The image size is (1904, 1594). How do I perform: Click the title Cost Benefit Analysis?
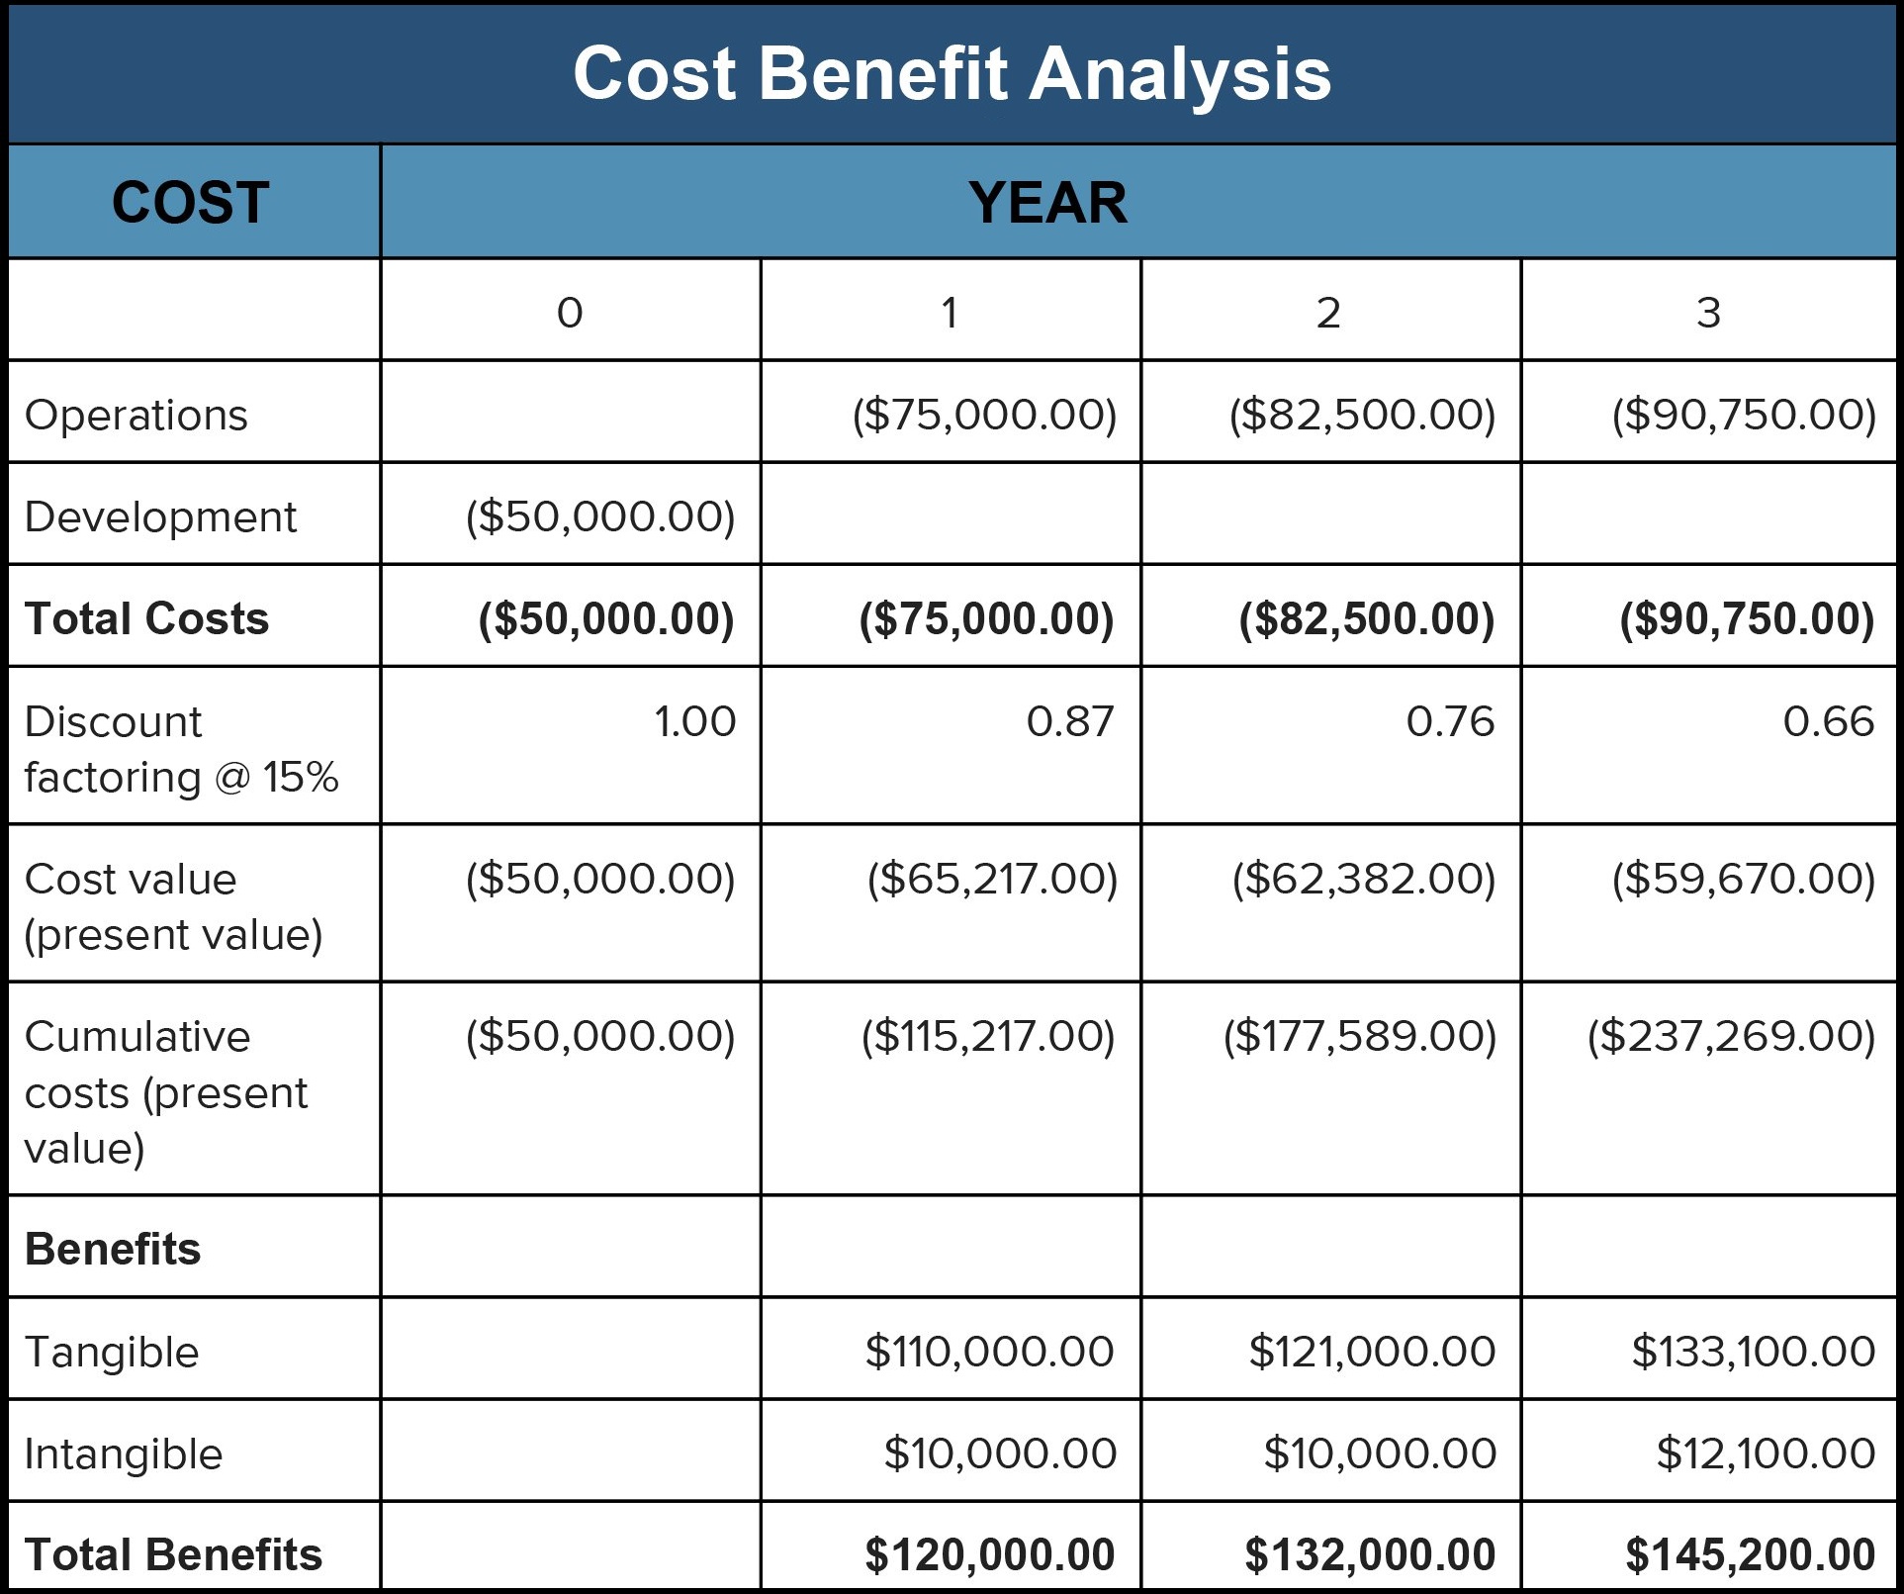pyautogui.click(x=952, y=74)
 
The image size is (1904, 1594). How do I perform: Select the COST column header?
pyautogui.click(x=190, y=203)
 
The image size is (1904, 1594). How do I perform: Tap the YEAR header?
pyautogui.click(x=1047, y=203)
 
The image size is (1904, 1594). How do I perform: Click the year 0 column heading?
pyautogui.click(x=570, y=313)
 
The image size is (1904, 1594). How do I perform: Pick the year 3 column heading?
pyautogui.click(x=1708, y=313)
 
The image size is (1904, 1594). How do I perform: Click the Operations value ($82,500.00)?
pyautogui.click(x=1362, y=415)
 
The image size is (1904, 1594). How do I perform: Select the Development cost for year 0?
pyautogui.click(x=600, y=516)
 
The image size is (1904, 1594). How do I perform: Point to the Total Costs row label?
pyautogui.click(x=146, y=618)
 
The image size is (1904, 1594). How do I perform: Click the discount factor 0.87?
pyautogui.click(x=1069, y=721)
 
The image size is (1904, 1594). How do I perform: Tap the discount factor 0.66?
pyautogui.click(x=1828, y=721)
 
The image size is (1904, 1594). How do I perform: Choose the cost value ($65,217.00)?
pyautogui.click(x=992, y=879)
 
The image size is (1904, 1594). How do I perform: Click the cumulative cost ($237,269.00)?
pyautogui.click(x=1731, y=1036)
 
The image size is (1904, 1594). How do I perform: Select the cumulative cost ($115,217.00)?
pyautogui.click(x=988, y=1036)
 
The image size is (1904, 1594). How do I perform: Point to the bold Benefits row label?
pyautogui.click(x=113, y=1249)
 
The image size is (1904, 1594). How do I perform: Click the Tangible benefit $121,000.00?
pyautogui.click(x=1372, y=1352)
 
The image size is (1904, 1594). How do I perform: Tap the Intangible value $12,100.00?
pyautogui.click(x=1766, y=1453)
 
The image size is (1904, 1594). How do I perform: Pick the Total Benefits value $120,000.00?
pyautogui.click(x=989, y=1554)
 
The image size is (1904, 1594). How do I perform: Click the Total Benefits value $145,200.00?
pyautogui.click(x=1750, y=1554)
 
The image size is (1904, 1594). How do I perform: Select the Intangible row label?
pyautogui.click(x=124, y=1454)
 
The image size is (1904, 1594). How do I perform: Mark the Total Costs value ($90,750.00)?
pyautogui.click(x=1747, y=618)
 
